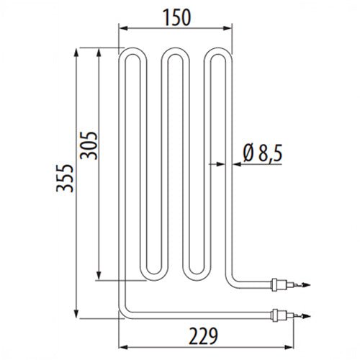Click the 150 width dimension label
point(177,17)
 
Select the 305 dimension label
point(89,145)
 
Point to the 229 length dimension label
point(204,336)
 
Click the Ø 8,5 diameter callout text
point(263,153)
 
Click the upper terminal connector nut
point(274,285)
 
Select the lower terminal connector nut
point(274,315)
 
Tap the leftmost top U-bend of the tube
point(132,50)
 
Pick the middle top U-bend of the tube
point(176,50)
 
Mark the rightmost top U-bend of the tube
point(218,50)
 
